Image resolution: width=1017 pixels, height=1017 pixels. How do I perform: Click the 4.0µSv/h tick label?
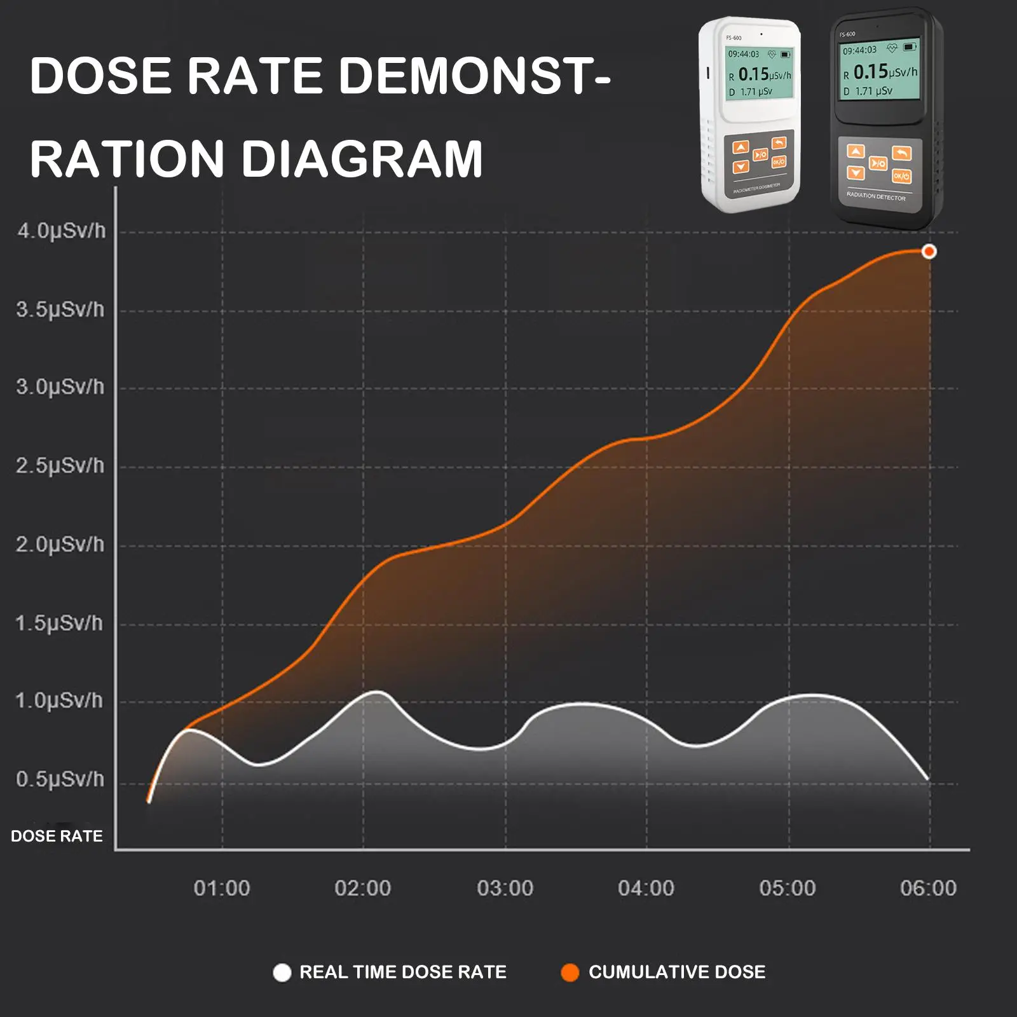point(62,231)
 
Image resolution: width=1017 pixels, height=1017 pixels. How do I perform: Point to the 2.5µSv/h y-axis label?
point(60,466)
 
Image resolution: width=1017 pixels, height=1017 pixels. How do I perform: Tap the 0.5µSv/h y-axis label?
point(60,779)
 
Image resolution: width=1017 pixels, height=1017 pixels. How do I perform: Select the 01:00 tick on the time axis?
point(222,888)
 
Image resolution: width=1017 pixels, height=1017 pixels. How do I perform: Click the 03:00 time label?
point(505,888)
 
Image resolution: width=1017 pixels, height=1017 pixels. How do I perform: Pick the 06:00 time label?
point(928,888)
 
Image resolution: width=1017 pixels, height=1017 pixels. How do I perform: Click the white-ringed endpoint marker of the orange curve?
point(929,252)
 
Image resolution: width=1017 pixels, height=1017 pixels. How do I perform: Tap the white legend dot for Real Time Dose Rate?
point(282,973)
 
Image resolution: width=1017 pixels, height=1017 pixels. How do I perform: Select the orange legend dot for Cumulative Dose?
point(570,973)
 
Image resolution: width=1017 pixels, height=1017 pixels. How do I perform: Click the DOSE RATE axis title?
point(57,836)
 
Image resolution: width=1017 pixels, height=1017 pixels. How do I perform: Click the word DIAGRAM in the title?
point(362,159)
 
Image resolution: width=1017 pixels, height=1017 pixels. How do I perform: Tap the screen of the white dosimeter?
point(759,72)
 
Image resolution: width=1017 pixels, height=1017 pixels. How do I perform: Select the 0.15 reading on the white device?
point(754,74)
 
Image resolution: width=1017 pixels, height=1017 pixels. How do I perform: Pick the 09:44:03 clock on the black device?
point(859,50)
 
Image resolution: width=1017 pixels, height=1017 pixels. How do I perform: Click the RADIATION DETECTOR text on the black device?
point(876,196)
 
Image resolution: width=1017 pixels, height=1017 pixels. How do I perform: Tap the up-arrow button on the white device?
point(741,147)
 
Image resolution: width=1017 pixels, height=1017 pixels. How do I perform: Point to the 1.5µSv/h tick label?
point(59,624)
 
